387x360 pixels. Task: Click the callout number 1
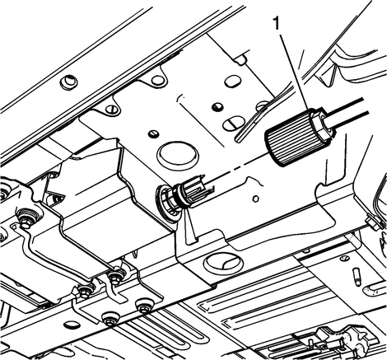[277, 23]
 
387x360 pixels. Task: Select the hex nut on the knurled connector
[322, 124]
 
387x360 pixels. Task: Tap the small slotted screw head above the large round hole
[153, 134]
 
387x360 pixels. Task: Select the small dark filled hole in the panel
[218, 106]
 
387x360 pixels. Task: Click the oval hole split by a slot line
[233, 124]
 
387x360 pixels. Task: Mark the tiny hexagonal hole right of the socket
[256, 199]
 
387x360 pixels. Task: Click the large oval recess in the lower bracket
[223, 261]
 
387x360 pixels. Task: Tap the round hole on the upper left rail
[68, 82]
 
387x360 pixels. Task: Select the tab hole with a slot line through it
[113, 110]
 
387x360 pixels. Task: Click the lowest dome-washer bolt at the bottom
[111, 320]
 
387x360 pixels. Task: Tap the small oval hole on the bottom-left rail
[72, 325]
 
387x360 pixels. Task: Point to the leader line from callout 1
[295, 71]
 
